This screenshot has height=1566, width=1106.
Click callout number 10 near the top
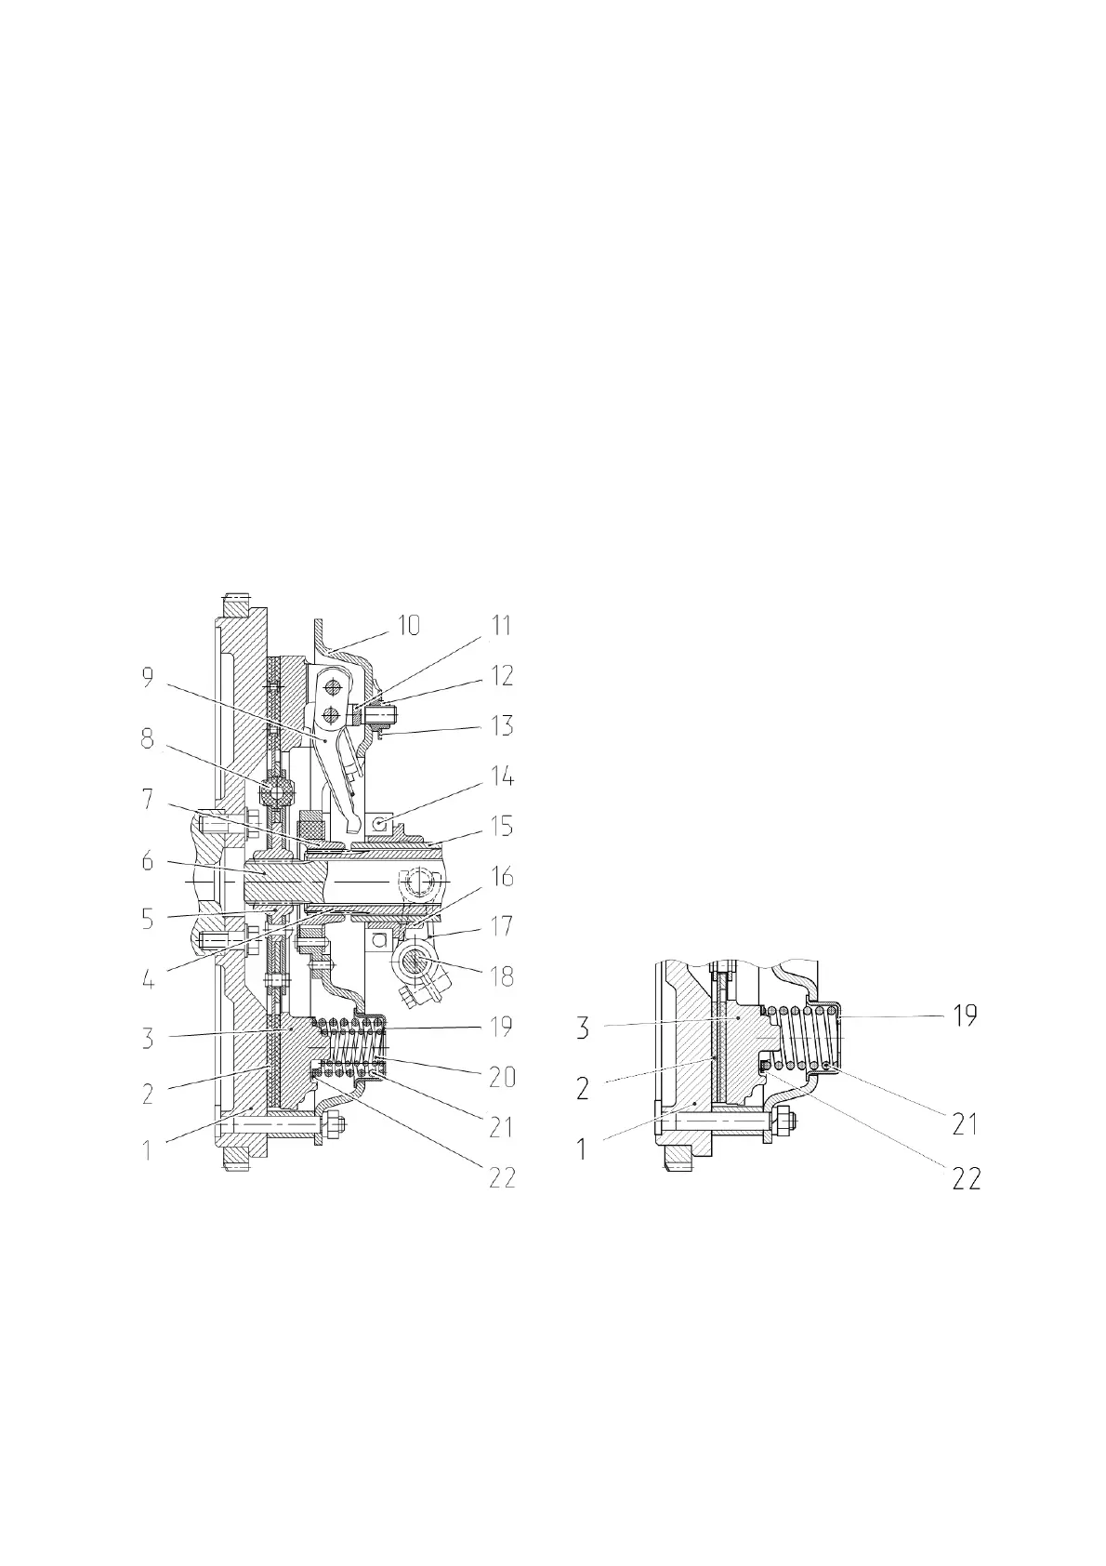point(408,626)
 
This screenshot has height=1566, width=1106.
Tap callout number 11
point(501,625)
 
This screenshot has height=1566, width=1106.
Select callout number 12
point(502,675)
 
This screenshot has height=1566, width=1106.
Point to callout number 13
point(502,725)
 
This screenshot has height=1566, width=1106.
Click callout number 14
point(502,776)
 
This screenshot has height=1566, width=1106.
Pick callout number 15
point(502,827)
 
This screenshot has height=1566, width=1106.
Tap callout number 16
point(502,877)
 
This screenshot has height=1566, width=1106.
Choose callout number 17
point(502,927)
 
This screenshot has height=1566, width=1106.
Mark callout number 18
point(502,977)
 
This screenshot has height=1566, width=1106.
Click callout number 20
point(502,1078)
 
